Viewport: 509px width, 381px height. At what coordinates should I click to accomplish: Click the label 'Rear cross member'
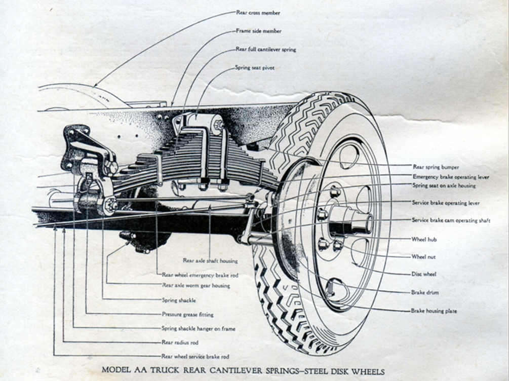point(258,13)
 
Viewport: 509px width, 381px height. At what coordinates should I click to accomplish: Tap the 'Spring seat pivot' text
point(255,67)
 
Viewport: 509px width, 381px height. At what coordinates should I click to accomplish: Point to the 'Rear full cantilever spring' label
point(265,50)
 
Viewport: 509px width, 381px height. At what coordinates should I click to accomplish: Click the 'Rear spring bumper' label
point(432,166)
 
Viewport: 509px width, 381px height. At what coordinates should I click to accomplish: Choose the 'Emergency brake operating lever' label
point(444,177)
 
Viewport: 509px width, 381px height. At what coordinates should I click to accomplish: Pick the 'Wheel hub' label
point(424,239)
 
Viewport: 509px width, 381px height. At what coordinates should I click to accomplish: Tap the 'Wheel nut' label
point(423,257)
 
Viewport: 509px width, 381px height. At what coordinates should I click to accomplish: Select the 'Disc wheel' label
point(424,274)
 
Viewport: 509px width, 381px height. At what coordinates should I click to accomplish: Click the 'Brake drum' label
point(424,292)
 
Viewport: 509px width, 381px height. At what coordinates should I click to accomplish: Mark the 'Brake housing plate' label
point(434,311)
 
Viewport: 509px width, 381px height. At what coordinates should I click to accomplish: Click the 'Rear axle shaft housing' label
point(210,260)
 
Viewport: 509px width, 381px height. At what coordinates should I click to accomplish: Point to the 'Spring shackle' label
point(179,300)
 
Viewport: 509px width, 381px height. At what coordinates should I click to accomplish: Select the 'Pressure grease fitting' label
point(187,314)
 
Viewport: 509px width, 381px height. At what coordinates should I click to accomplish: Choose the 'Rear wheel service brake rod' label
point(195,356)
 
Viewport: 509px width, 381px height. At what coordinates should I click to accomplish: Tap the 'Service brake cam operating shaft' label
point(451,221)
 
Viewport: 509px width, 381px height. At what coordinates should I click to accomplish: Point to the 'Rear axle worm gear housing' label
point(195,286)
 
